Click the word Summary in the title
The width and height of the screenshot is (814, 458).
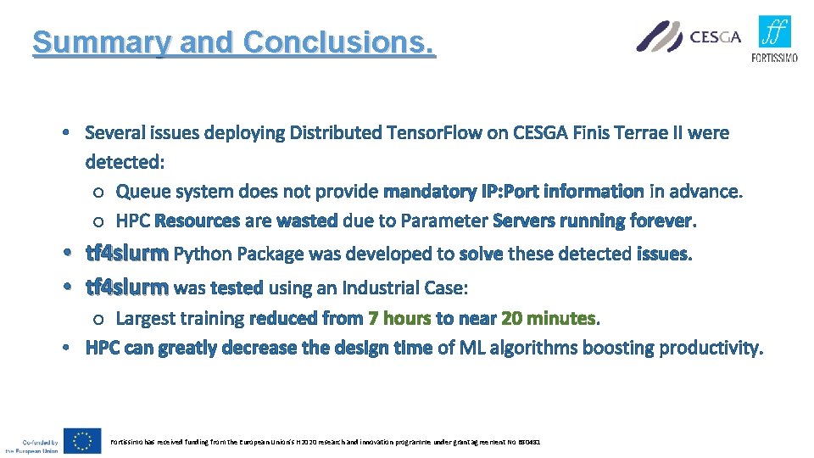(x=90, y=42)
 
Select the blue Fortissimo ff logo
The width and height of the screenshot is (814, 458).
(x=774, y=32)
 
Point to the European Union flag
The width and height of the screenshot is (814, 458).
(x=85, y=441)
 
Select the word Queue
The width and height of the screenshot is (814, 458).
(x=141, y=192)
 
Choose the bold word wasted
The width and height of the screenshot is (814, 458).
(x=306, y=221)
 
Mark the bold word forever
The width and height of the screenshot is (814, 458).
(x=660, y=221)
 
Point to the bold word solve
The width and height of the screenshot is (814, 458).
(x=480, y=254)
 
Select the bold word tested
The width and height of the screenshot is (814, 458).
(x=236, y=288)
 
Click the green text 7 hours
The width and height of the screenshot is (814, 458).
(x=399, y=319)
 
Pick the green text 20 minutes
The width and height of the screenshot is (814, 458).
(x=549, y=319)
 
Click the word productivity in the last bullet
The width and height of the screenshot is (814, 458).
(x=710, y=348)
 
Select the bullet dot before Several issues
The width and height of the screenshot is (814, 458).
(x=66, y=134)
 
